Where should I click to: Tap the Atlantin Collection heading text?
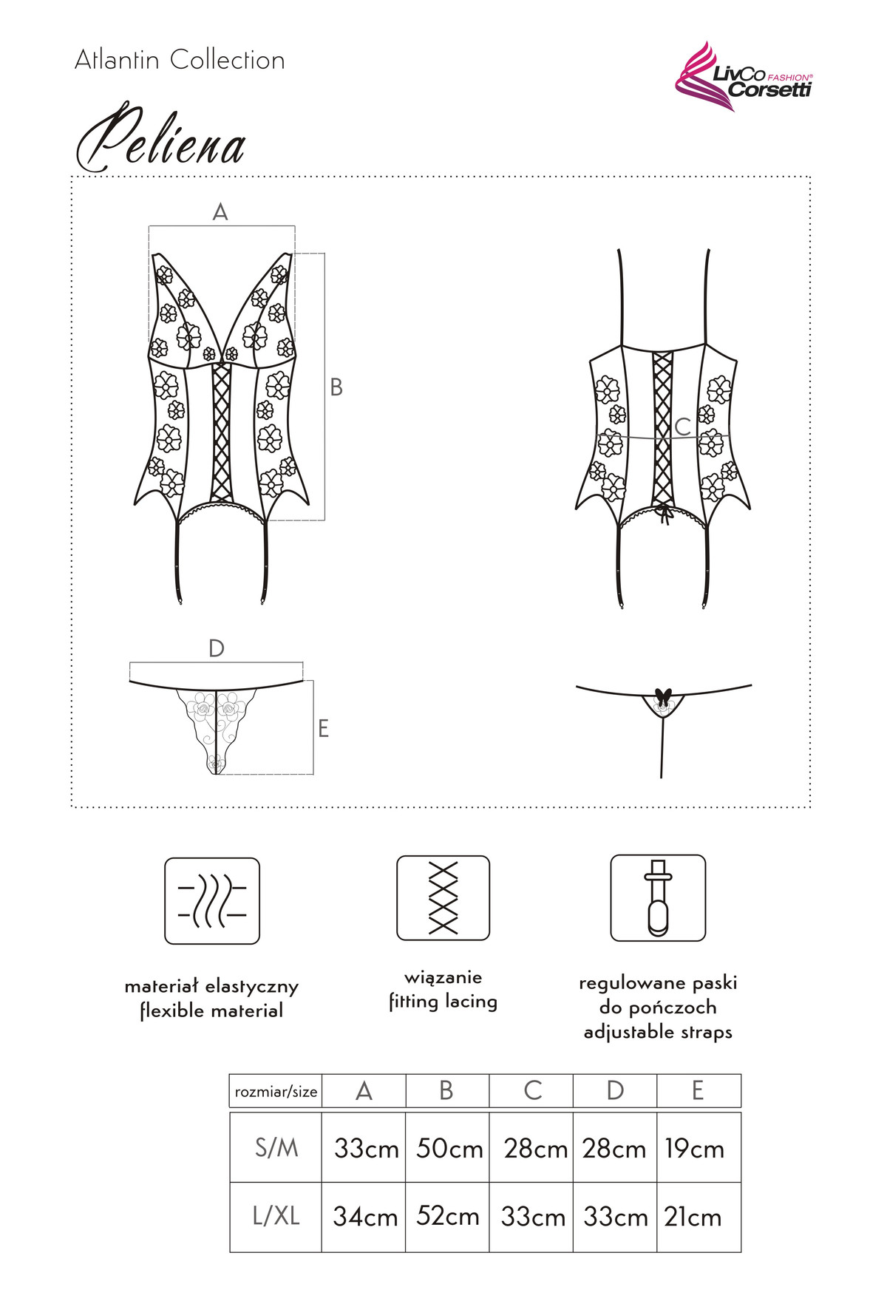(180, 60)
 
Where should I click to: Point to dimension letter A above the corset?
(220, 213)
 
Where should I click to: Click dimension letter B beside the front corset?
(336, 387)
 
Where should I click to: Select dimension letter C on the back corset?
(682, 427)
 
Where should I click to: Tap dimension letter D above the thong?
(216, 648)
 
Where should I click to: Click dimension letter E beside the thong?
(323, 729)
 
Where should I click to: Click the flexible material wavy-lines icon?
(212, 900)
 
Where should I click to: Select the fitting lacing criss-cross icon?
(443, 897)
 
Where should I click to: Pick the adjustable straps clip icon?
(658, 897)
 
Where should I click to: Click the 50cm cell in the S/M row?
(449, 1149)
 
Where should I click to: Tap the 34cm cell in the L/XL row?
(365, 1217)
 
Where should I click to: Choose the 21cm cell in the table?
(693, 1217)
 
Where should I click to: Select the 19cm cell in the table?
(694, 1149)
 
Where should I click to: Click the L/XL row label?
(276, 1216)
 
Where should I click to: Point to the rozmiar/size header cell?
(276, 1092)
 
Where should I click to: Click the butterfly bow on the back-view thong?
(662, 696)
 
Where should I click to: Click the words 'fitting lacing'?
(443, 1002)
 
